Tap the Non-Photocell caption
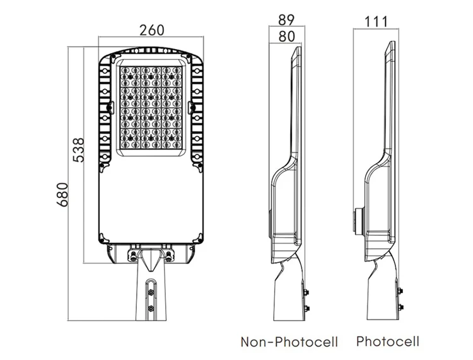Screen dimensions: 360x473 [x=289, y=342]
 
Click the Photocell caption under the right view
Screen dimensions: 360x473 [x=388, y=342]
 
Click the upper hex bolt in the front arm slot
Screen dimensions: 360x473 [x=151, y=291]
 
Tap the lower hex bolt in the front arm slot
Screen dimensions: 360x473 [x=151, y=308]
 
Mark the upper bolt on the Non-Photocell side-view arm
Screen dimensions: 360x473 [x=307, y=291]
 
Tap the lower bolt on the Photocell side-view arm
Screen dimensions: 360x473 [x=399, y=308]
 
